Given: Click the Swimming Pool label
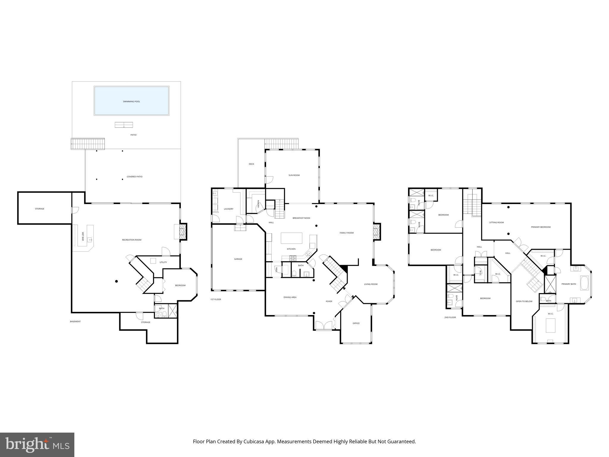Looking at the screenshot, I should (131, 101).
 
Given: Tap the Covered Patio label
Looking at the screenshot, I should (134, 177).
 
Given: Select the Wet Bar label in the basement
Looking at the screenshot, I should (83, 237).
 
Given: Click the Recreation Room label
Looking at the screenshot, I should (131, 240).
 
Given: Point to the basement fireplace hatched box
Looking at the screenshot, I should (183, 231).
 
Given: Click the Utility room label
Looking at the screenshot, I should (163, 262).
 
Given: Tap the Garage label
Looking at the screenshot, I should (238, 259).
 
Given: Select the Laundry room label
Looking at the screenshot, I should (228, 209).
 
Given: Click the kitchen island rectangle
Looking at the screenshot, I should (291, 238).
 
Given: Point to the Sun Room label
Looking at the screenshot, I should (294, 175).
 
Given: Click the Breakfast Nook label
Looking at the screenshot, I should (301, 218).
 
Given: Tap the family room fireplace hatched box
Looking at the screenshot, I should (377, 231).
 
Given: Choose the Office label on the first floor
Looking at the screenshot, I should (356, 323).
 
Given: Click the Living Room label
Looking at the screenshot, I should (371, 284).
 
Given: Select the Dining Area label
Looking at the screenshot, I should (290, 297).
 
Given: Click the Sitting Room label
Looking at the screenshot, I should (496, 223).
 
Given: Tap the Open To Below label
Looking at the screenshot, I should (524, 301).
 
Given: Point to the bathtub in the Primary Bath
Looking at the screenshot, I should (584, 283).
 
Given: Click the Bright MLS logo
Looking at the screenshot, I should (37, 445).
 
